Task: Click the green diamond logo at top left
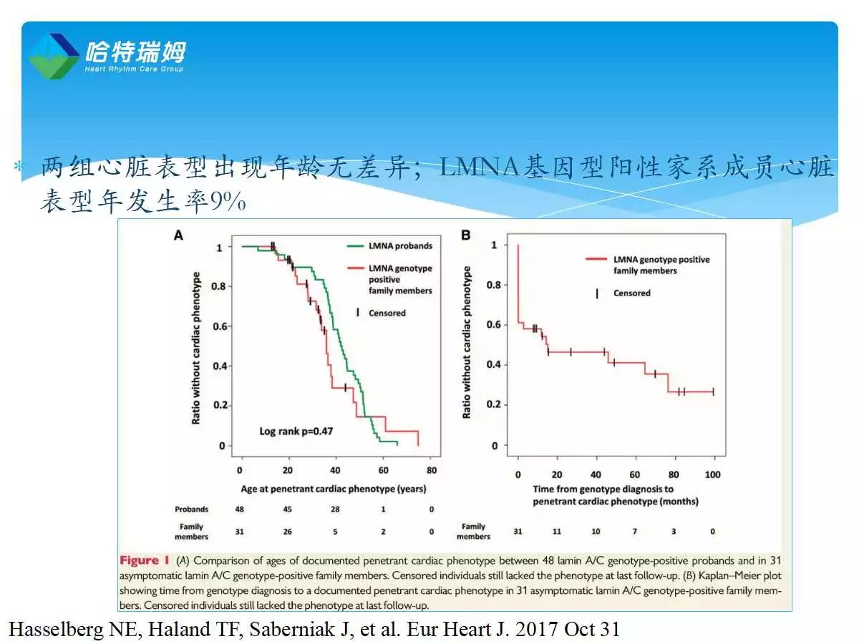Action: coord(54,55)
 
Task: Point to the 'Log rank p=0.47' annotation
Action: coord(296,431)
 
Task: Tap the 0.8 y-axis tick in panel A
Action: coord(221,286)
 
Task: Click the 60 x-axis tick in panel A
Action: coord(384,471)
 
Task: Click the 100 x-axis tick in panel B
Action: coord(713,474)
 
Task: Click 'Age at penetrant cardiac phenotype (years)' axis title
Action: coord(334,489)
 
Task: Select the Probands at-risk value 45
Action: coord(288,509)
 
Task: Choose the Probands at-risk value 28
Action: coord(336,509)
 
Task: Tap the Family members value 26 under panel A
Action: coord(288,532)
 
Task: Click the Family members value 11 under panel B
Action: coord(556,532)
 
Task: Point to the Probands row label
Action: coord(191,509)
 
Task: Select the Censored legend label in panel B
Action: coord(631,293)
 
